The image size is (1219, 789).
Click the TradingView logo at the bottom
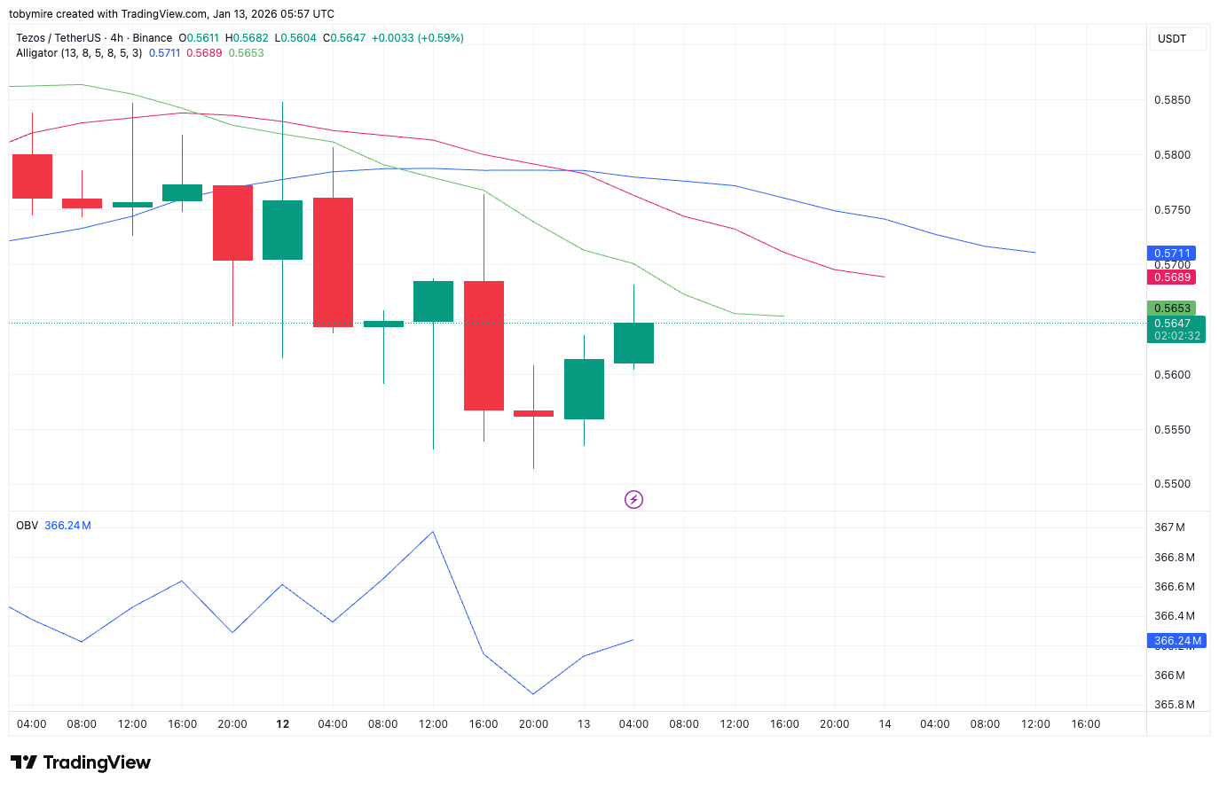(x=81, y=762)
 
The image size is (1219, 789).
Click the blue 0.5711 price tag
(x=1171, y=254)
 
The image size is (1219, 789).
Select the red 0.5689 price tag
(x=1171, y=277)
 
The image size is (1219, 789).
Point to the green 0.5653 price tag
(x=1171, y=309)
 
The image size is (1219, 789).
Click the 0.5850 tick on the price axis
(x=1172, y=100)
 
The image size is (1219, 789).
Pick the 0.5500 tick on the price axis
(x=1172, y=484)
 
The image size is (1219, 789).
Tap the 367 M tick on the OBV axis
(x=1169, y=527)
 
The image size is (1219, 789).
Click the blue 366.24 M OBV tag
(x=1177, y=641)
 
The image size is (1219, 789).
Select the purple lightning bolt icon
(x=633, y=500)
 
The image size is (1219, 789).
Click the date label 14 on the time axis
(x=885, y=724)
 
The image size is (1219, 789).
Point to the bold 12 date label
(x=283, y=724)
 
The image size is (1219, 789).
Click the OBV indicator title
(x=28, y=526)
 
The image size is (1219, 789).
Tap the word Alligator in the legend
(x=36, y=53)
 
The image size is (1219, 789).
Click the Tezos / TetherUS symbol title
(x=58, y=38)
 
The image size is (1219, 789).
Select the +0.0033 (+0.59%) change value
(x=417, y=38)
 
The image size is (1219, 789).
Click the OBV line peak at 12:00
(x=433, y=532)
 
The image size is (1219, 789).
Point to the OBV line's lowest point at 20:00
(x=533, y=694)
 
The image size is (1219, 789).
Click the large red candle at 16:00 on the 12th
(x=484, y=346)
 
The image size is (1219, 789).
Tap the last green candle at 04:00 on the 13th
(x=633, y=343)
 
